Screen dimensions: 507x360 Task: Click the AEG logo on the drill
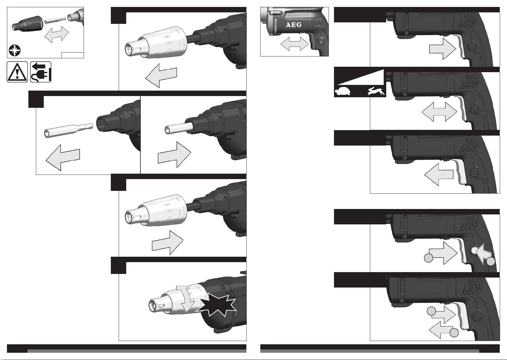[293, 25]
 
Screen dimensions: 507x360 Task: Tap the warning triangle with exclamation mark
[17, 72]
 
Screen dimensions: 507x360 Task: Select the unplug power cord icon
[41, 72]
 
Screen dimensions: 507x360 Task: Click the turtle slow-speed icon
[342, 92]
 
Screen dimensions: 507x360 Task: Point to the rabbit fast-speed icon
[376, 91]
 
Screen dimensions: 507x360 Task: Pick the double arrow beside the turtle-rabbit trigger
[439, 112]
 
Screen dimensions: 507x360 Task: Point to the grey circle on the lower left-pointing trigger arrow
[454, 333]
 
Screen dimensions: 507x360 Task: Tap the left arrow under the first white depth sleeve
[161, 76]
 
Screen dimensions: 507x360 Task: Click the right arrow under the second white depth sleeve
[168, 243]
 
